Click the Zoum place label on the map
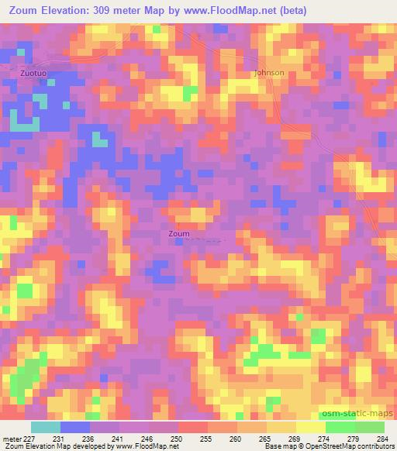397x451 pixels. (x=178, y=233)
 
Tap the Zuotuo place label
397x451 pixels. (x=33, y=73)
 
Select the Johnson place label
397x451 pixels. (x=269, y=73)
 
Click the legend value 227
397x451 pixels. (x=30, y=438)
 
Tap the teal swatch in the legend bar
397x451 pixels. (x=45, y=427)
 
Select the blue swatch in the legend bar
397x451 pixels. (x=74, y=427)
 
